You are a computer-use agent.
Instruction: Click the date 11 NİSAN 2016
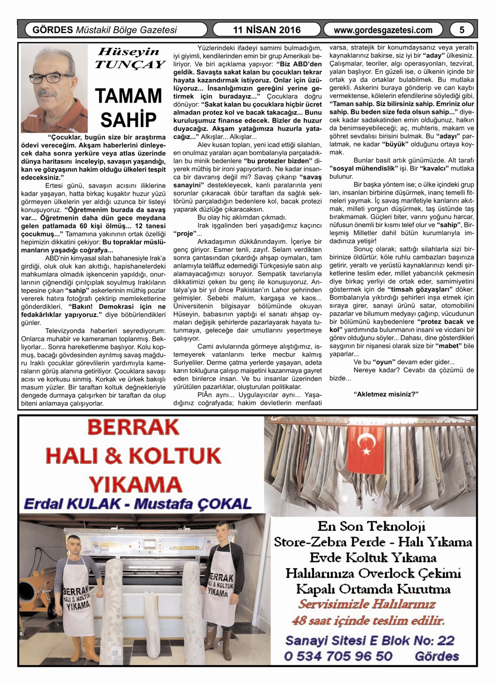point(267,30)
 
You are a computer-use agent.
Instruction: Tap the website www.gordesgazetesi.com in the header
point(383,30)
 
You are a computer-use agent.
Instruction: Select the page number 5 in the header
point(461,30)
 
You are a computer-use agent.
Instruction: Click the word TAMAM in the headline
point(128,96)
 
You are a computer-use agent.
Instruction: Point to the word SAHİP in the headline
point(128,120)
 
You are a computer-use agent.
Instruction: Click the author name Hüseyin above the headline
point(128,52)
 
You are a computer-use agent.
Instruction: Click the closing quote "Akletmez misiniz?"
point(386,394)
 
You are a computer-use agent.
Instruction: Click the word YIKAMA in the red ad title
point(135,483)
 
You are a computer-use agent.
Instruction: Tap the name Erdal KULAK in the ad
point(72,504)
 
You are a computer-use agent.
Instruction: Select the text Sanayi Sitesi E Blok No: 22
point(370,640)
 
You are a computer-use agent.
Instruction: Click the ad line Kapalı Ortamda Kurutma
point(373,589)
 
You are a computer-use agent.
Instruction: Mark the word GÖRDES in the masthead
point(52,30)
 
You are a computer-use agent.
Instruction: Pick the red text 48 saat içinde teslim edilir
point(369,620)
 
